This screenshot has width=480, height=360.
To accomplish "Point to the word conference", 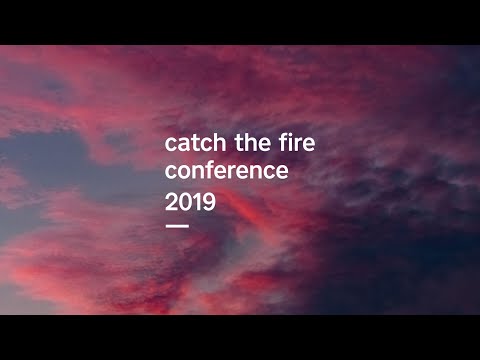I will (x=227, y=171).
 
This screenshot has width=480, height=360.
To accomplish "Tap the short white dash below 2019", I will (x=177, y=225).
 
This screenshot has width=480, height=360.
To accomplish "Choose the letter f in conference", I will (x=215, y=170).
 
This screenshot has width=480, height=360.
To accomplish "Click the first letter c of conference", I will (x=171, y=172).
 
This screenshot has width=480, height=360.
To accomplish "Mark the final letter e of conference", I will (x=283, y=172).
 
